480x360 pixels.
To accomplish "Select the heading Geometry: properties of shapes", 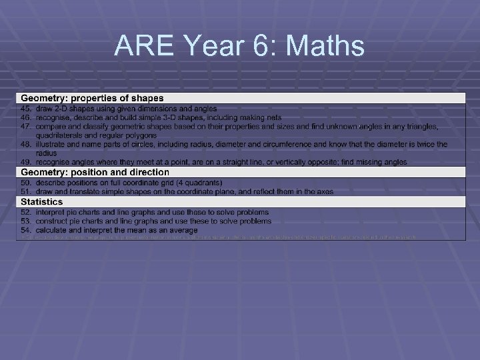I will [x=92, y=99].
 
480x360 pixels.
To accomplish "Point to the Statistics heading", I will [x=42, y=202].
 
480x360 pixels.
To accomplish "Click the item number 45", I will [x=26, y=108].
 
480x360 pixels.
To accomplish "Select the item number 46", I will [x=26, y=117].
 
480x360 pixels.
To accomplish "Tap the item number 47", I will [x=26, y=125].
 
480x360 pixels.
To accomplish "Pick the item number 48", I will [x=26, y=143].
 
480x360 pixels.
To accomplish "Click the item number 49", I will [x=26, y=162].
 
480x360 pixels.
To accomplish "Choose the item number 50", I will [x=26, y=183].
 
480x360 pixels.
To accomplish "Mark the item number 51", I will [x=26, y=191].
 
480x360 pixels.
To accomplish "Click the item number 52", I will [x=26, y=212].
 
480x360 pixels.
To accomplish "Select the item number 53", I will [x=26, y=221].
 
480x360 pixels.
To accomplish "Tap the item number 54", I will [x=26, y=229].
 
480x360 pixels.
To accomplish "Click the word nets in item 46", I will [x=264, y=117].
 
